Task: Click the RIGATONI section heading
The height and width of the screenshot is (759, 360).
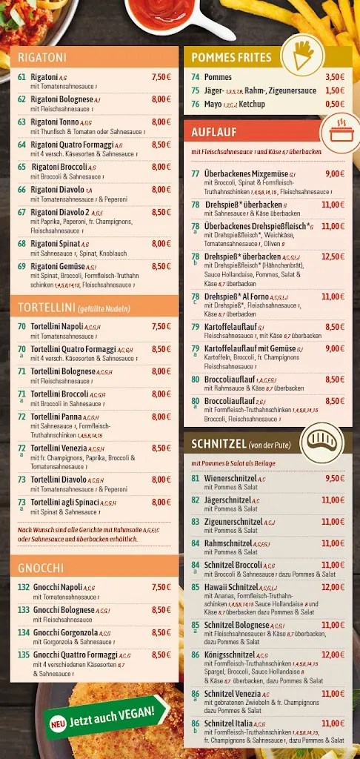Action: [42, 57]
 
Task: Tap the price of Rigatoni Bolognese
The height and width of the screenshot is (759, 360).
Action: [161, 99]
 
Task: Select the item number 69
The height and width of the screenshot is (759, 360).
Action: [22, 266]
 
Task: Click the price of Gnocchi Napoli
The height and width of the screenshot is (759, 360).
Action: [161, 588]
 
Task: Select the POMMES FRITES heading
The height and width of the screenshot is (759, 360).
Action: [231, 57]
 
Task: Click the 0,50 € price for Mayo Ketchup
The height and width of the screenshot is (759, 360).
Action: [334, 105]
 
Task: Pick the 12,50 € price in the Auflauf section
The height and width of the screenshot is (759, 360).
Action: [333, 256]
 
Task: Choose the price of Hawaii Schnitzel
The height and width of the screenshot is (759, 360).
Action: [333, 588]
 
